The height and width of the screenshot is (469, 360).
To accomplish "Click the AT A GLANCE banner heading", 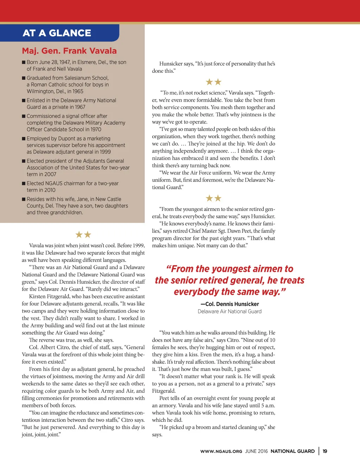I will click(57, 33).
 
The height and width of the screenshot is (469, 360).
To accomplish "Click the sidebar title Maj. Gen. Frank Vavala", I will click(69, 51).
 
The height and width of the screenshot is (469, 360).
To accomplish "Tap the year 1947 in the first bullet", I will click(65, 62).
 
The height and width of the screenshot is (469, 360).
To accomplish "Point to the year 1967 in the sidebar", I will click(80, 107).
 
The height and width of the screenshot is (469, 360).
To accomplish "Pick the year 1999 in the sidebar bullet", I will click(105, 152).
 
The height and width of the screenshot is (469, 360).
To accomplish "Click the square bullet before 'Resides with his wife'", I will click(24, 199).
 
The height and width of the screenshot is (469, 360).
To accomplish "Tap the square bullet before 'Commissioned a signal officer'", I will click(24, 116).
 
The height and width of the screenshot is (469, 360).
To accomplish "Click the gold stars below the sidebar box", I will click(83, 234).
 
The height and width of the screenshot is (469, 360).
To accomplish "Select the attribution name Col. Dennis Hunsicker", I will click(230, 304).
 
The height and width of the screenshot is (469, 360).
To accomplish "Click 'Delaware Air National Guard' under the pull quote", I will click(230, 311).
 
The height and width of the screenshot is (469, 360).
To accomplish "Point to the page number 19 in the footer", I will click(325, 451).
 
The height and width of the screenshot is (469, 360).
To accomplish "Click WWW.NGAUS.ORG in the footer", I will click(221, 451).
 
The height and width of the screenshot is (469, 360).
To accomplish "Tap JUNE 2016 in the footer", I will click(256, 451).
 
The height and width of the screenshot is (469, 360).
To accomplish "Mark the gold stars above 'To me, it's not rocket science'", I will click(213, 82).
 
